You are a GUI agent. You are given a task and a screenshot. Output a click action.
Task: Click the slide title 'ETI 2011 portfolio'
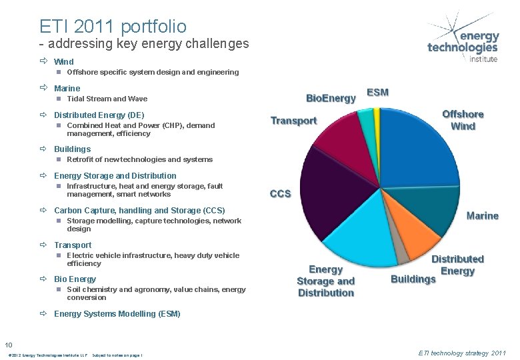pos(113,27)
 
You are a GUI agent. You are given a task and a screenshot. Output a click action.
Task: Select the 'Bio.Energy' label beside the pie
pos(331,98)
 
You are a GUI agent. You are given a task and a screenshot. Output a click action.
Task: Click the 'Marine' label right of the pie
pos(482,216)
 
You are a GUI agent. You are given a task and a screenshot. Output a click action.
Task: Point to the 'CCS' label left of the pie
pos(280,193)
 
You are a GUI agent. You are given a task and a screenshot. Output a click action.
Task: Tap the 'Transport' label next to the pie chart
pos(293,121)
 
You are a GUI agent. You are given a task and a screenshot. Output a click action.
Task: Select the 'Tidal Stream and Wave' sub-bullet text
pos(107,99)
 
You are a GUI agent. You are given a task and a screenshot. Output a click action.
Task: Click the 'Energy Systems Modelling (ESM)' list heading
pos(117,313)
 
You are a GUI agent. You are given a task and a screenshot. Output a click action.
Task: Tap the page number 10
pos(9,344)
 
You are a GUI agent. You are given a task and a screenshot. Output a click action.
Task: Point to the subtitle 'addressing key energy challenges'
pos(148,45)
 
